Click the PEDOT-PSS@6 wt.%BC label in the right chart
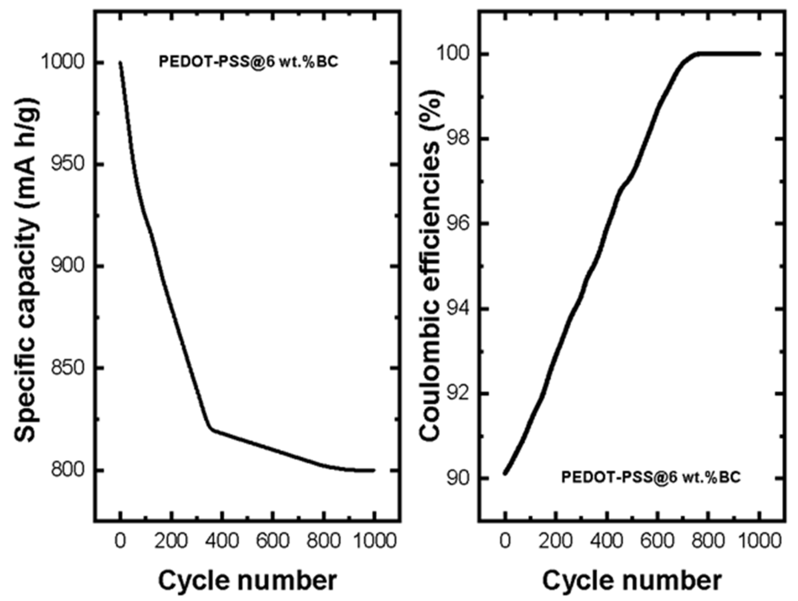[651, 478]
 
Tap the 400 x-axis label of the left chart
[222, 541]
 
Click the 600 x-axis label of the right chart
[658, 541]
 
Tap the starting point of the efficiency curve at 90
[505, 473]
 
